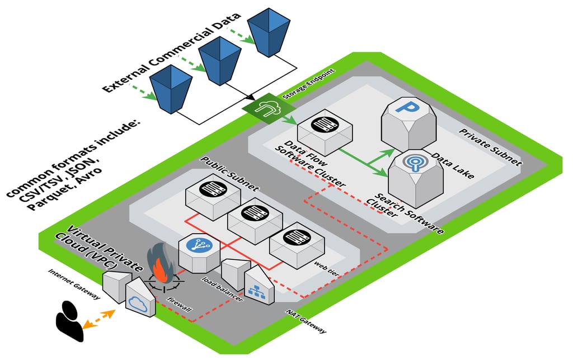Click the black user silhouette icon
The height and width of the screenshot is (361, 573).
click(x=69, y=321)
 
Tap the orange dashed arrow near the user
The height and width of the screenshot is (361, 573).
click(x=99, y=317)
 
